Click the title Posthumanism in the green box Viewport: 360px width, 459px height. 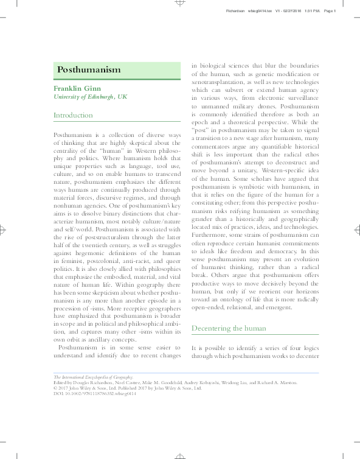coord(89,69)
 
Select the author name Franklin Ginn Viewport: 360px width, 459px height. coord(77,88)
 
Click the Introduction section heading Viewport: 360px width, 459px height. coord(74,115)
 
